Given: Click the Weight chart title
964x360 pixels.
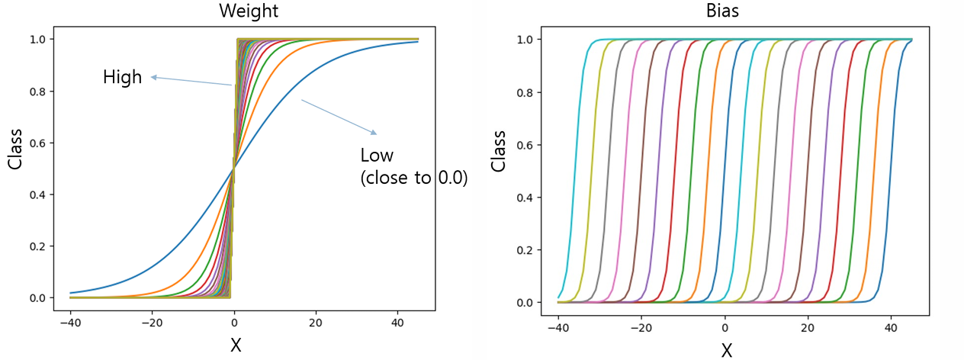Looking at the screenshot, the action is (249, 11).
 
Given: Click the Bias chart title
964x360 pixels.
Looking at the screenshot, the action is (722, 11).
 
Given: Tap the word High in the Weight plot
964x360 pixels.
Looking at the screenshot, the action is (122, 78).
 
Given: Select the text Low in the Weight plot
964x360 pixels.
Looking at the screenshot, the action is (377, 156).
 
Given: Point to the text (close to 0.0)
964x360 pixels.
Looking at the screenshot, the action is (414, 178).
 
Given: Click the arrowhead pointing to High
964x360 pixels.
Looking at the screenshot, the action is (153, 78).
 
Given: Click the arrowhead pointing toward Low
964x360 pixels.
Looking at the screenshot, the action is (374, 133).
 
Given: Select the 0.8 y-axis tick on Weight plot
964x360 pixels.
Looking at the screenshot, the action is (37, 92).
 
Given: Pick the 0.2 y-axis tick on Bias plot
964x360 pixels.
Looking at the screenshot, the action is (525, 250).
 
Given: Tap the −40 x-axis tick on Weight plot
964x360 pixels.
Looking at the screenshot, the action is (70, 323).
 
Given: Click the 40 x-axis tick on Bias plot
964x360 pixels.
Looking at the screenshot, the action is (891, 328).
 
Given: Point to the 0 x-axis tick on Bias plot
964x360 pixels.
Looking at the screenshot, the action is (725, 328).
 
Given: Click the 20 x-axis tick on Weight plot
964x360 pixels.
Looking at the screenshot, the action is (316, 323).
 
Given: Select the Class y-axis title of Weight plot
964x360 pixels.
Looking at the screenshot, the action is (14, 149).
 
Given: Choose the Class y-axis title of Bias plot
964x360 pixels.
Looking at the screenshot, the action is (498, 151).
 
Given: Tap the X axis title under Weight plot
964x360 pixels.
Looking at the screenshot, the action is (236, 345).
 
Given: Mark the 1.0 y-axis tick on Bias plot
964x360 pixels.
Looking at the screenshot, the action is (525, 40).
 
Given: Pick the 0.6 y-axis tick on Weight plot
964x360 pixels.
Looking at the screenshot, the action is (37, 143).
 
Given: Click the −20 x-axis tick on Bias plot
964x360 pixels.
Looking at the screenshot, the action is (641, 328).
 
